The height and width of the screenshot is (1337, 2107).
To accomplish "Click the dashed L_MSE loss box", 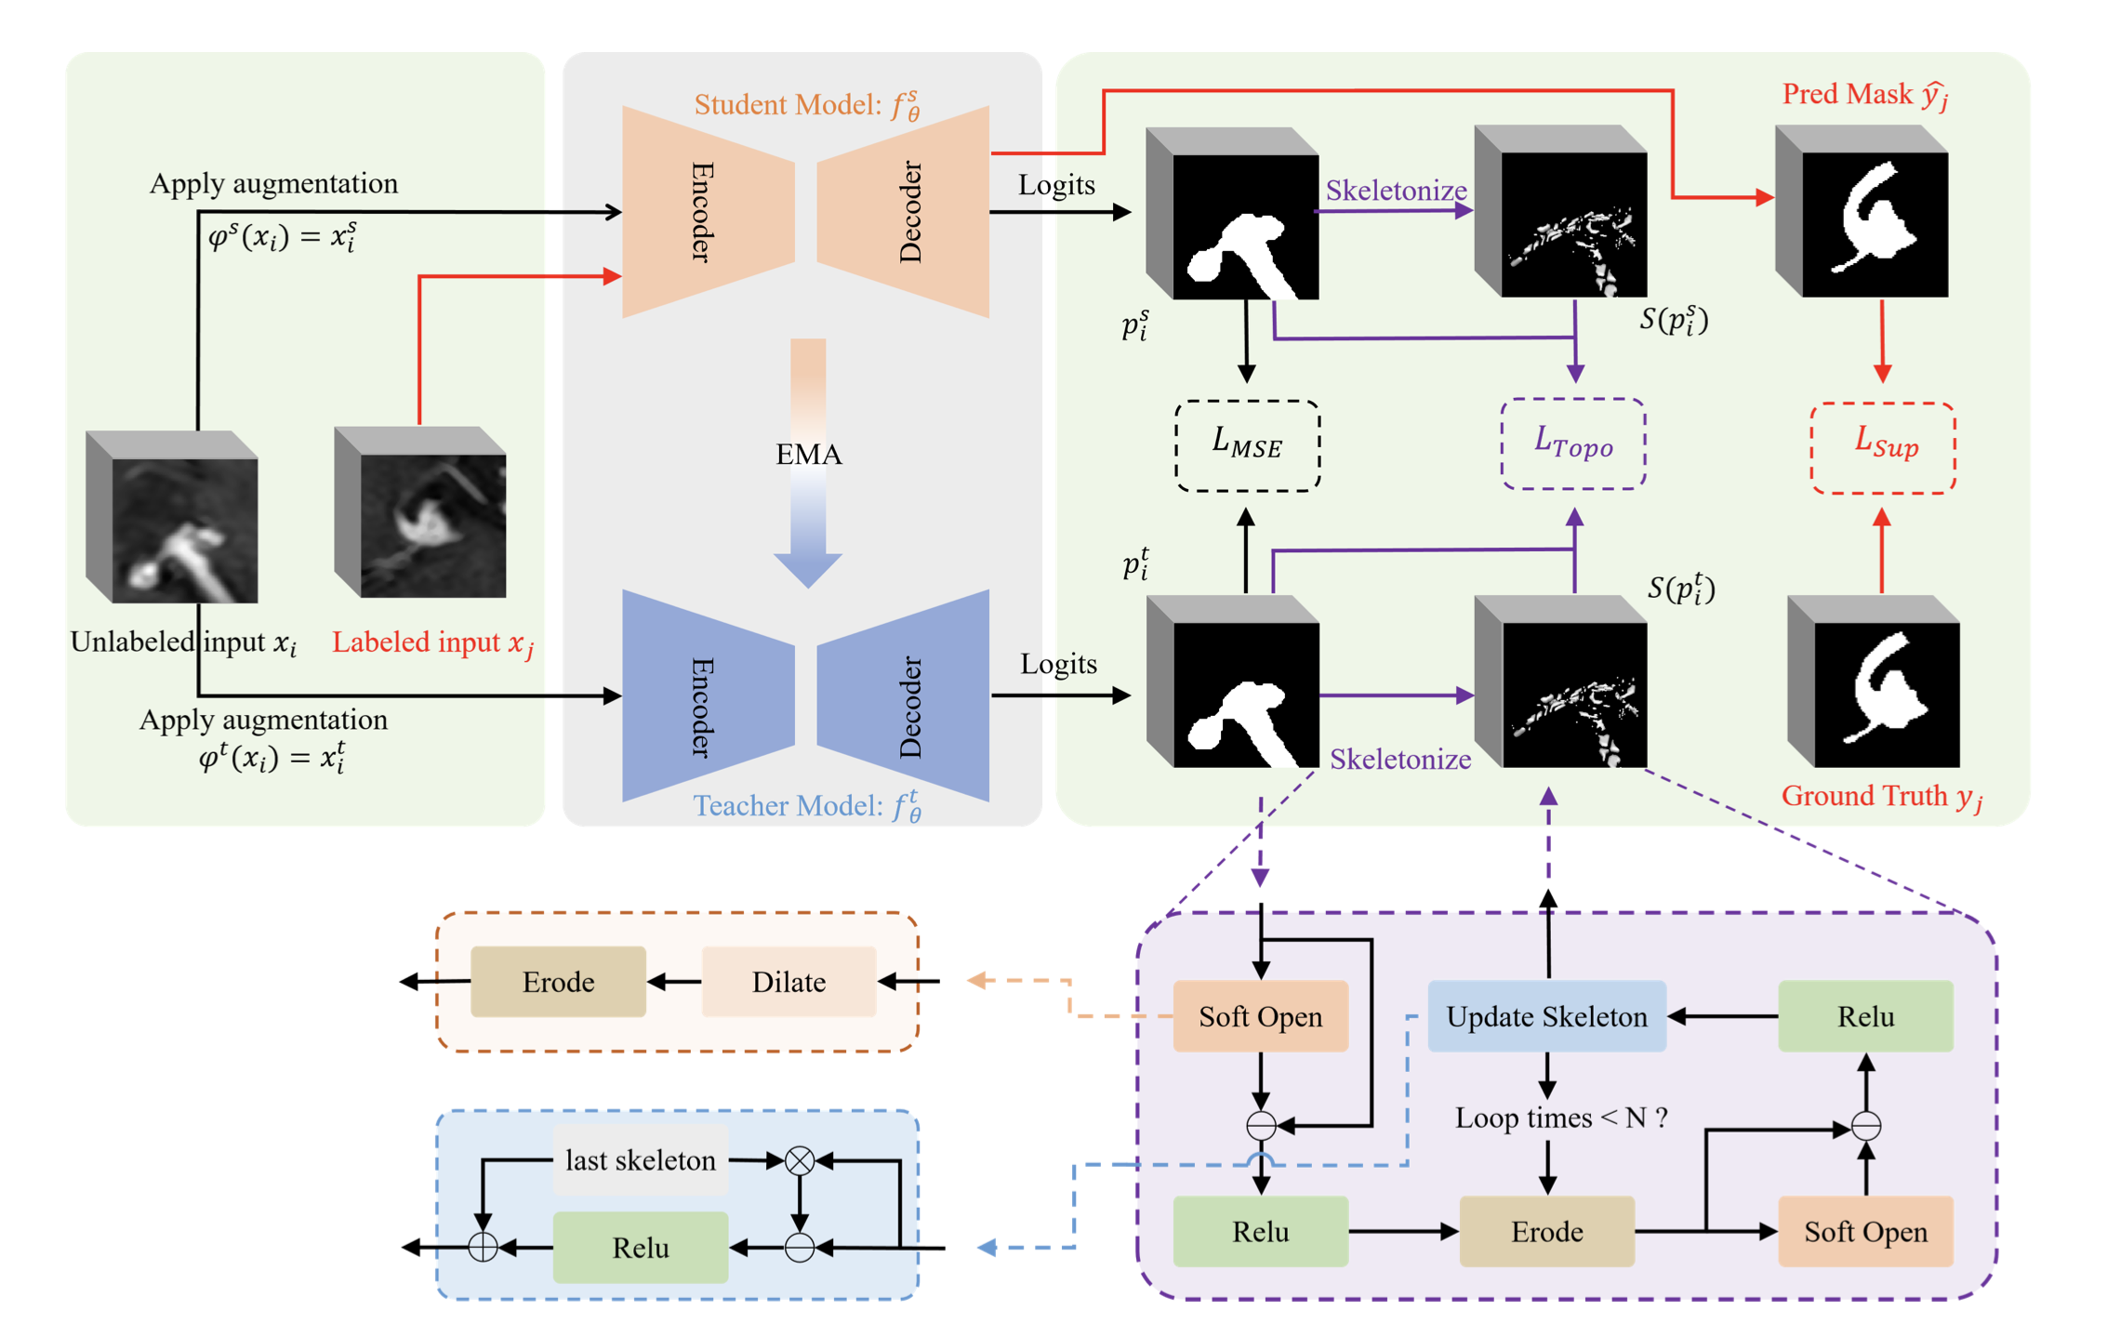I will click(1247, 445).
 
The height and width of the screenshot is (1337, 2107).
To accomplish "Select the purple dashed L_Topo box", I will click(1573, 443).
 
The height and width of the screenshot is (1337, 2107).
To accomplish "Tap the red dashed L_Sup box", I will click(1883, 447).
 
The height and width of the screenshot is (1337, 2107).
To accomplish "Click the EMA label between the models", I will click(808, 455).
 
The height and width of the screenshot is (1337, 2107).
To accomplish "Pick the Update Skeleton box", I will click(1546, 1016).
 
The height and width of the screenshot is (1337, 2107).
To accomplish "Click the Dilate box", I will click(788, 982).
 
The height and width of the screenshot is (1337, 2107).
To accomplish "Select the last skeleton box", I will click(641, 1160).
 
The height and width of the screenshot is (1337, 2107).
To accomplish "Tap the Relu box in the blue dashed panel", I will click(641, 1247).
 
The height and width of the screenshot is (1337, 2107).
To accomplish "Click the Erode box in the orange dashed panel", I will click(558, 982).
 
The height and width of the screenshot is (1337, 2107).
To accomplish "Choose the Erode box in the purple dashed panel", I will click(1546, 1231).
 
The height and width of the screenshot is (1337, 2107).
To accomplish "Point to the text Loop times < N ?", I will click(1560, 1117).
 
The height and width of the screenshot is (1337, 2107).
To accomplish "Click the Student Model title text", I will click(807, 105).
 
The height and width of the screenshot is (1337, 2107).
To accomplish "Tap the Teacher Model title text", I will click(807, 805).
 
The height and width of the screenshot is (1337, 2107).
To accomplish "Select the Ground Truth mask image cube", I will click(1874, 683).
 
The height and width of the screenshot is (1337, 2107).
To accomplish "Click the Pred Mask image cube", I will click(1862, 213).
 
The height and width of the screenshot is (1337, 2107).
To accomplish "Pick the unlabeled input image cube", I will click(172, 518).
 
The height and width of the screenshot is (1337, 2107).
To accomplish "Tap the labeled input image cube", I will click(420, 513).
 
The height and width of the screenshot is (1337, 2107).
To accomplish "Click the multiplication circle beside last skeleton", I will click(800, 1160).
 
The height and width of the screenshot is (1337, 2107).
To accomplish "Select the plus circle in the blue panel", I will click(483, 1247).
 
